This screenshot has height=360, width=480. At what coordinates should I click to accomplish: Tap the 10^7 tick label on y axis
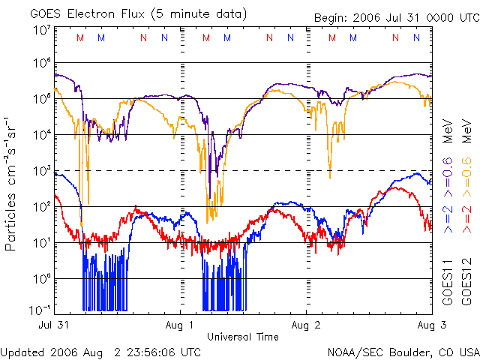(41, 30)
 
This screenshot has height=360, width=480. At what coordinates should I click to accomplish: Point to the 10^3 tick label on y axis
(41, 171)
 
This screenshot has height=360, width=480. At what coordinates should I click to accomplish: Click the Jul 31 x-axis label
(53, 325)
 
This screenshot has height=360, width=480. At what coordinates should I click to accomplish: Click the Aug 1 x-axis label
(181, 325)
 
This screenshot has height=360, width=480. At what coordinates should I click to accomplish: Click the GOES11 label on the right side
(448, 282)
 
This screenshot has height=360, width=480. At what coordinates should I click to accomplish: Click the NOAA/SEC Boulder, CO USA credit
(403, 352)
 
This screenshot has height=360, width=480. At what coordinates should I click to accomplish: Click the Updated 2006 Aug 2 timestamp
(100, 352)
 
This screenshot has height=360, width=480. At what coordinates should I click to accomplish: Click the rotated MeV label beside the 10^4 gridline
(448, 130)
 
